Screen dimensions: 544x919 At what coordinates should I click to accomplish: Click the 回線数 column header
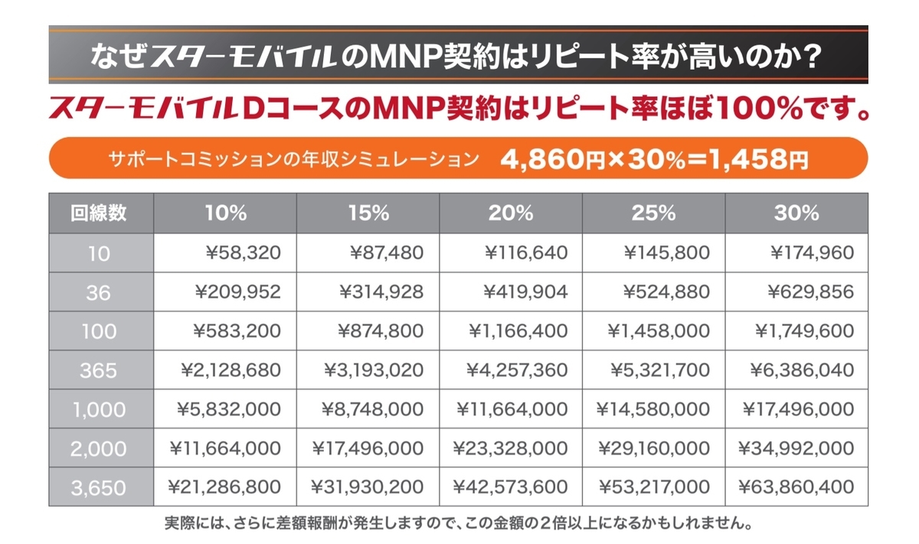pyautogui.click(x=100, y=213)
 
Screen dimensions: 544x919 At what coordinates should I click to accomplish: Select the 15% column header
pyautogui.click(x=368, y=213)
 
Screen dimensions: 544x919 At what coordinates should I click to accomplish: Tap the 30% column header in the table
pyautogui.click(x=796, y=213)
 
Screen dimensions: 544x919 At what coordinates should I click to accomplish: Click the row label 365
pyautogui.click(x=100, y=370)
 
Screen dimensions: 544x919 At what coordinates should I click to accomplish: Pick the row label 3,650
pyautogui.click(x=100, y=487)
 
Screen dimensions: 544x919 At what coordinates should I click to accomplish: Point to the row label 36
pyautogui.click(x=100, y=292)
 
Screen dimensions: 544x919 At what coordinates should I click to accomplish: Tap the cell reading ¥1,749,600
pyautogui.click(x=804, y=331)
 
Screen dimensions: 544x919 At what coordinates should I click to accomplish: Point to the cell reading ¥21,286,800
pyautogui.click(x=224, y=487)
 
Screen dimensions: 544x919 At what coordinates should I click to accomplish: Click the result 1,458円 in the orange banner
pyautogui.click(x=757, y=159)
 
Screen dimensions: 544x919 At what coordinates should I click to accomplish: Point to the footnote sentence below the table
pyautogui.click(x=458, y=526)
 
